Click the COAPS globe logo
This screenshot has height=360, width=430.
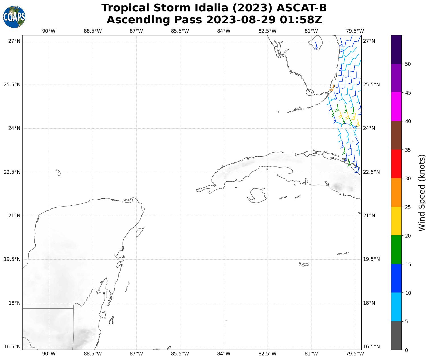(14, 17)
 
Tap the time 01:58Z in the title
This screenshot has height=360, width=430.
(301, 20)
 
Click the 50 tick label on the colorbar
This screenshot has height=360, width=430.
(408, 64)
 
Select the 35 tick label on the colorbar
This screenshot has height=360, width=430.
(408, 150)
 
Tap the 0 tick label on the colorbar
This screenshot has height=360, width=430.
(406, 350)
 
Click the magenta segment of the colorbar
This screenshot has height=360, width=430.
(396, 107)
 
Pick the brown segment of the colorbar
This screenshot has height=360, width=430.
(396, 135)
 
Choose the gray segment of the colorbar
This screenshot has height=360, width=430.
(396, 336)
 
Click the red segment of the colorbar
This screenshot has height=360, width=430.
(396, 164)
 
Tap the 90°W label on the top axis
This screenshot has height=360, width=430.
(49, 31)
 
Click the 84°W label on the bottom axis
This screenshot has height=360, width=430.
(224, 354)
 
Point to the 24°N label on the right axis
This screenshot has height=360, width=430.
(369, 128)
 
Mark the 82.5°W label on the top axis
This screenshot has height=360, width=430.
(267, 31)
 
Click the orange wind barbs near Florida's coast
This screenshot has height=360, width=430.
(332, 89)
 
